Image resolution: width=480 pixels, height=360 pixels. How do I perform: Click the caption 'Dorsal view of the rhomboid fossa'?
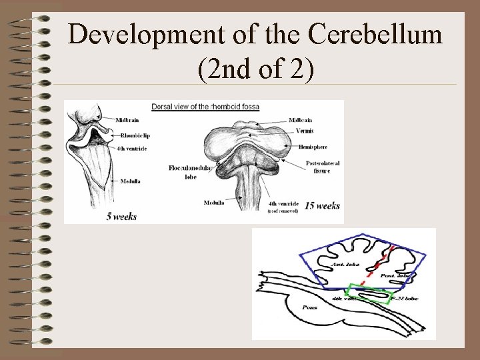[205, 107]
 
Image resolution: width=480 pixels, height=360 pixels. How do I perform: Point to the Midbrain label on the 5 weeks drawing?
[128, 120]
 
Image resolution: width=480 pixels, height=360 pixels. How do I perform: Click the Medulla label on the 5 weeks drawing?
[130, 181]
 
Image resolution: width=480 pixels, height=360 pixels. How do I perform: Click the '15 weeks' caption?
[322, 206]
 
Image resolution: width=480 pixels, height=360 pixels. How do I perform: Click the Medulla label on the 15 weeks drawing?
[214, 203]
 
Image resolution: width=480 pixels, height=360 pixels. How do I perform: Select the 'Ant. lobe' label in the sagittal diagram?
[345, 264]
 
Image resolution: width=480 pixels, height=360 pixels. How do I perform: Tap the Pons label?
[309, 307]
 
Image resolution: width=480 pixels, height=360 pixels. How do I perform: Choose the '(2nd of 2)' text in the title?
[255, 68]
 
